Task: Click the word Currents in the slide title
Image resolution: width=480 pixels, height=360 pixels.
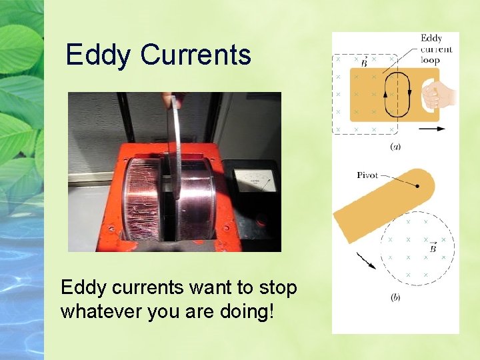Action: [195, 55]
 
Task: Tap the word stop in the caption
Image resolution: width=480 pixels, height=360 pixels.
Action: [276, 288]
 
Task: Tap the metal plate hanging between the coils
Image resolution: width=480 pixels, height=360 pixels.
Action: [176, 147]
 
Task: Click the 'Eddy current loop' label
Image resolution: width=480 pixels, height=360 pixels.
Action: [436, 49]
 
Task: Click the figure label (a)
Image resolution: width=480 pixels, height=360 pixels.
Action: [395, 145]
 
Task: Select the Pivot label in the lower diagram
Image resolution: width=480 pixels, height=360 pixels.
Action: [367, 175]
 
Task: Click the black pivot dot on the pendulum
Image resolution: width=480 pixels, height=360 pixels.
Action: [417, 187]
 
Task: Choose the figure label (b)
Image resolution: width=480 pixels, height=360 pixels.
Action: [395, 297]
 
